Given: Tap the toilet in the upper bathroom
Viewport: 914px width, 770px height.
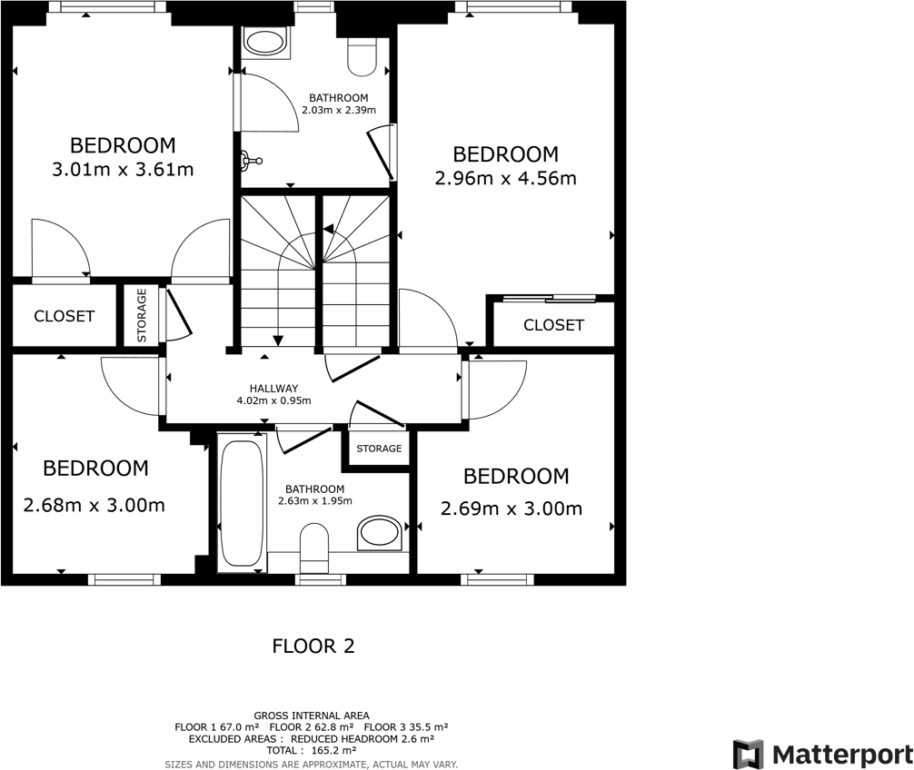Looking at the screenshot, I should (362, 56).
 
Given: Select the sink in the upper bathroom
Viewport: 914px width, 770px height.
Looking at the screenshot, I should (265, 42).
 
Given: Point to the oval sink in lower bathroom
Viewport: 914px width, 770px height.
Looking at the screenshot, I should (379, 534).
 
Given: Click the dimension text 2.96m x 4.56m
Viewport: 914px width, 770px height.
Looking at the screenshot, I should (505, 179).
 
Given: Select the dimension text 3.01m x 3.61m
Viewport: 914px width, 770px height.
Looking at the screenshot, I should (123, 170).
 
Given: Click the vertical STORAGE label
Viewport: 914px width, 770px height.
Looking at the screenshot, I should (142, 315).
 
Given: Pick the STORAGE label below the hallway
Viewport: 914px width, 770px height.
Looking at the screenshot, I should (379, 449).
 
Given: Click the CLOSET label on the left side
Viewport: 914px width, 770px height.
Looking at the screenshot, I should (64, 316).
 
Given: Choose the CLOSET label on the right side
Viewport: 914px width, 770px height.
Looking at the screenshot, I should (553, 325).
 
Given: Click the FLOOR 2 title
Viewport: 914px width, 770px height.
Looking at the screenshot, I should (313, 647).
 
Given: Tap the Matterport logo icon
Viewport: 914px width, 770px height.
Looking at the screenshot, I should (748, 754).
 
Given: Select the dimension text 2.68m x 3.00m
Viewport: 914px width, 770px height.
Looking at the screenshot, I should (94, 505).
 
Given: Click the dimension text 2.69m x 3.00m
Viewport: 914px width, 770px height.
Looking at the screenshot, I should (511, 508).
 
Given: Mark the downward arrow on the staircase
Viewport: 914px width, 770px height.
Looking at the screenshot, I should (278, 338).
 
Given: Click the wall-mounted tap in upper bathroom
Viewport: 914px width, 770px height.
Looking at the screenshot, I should (249, 162).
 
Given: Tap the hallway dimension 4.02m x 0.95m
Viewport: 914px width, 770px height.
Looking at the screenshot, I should (273, 400).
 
